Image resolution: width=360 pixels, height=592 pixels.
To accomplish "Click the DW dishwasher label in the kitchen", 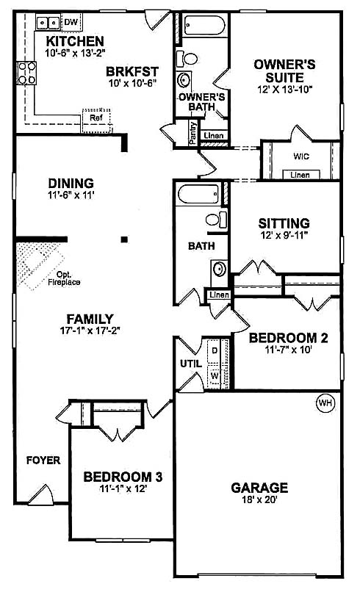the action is pyautogui.click(x=71, y=22).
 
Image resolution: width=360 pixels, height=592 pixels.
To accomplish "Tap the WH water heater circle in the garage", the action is pyautogui.click(x=325, y=403).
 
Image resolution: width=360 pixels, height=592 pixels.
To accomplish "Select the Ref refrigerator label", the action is pyautogui.click(x=96, y=118).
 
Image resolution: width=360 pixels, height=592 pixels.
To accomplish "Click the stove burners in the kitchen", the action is pyautogui.click(x=27, y=73).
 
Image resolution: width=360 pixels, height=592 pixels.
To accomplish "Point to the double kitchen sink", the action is pyautogui.click(x=48, y=23).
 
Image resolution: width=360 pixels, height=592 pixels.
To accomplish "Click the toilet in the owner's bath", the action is pyautogui.click(x=188, y=59).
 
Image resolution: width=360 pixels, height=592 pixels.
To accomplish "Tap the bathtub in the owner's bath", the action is pyautogui.click(x=204, y=25).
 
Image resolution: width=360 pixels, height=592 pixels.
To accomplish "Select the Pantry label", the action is pyautogui.click(x=193, y=132).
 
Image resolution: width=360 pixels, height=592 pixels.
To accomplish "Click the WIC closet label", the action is pyautogui.click(x=301, y=156).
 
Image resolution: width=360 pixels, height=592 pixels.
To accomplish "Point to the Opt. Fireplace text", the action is pyautogui.click(x=64, y=278).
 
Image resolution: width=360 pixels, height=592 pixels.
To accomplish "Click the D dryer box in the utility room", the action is pyautogui.click(x=215, y=351).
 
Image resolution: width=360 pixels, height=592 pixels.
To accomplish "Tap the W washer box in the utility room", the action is pyautogui.click(x=215, y=375).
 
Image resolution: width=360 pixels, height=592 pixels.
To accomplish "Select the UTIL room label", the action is pyautogui.click(x=191, y=364).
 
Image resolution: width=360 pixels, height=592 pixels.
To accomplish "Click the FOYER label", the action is pyautogui.click(x=43, y=461).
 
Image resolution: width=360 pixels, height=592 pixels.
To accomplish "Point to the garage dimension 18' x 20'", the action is pyautogui.click(x=260, y=500).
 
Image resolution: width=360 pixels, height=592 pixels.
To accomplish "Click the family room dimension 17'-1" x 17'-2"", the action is pyautogui.click(x=90, y=331).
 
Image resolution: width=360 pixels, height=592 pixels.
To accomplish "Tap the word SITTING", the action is pyautogui.click(x=284, y=223).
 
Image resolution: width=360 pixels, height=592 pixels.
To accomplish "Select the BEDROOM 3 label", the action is pyautogui.click(x=123, y=477).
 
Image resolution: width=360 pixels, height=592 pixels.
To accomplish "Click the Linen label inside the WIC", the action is pyautogui.click(x=300, y=175).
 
